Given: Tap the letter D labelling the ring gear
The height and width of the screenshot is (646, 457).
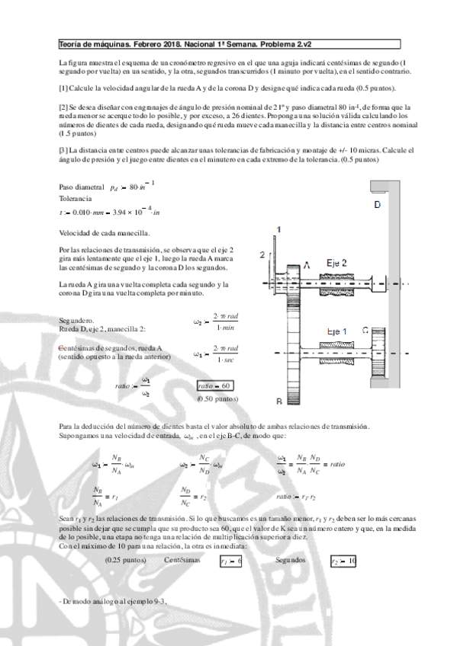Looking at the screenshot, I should tap(378, 206).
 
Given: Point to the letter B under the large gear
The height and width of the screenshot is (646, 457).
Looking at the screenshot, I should tap(279, 401).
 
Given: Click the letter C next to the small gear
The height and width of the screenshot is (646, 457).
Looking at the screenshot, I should tap(365, 331).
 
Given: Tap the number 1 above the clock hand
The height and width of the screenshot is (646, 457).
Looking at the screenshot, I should tap(279, 229).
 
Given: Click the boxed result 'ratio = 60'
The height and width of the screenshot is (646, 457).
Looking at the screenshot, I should tap(214, 385).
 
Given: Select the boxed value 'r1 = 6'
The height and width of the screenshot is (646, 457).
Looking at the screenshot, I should tap(228, 561).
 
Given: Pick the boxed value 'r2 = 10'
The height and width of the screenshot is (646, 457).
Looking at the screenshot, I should tap(343, 561).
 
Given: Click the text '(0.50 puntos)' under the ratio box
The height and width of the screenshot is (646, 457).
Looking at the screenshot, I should tap(217, 398).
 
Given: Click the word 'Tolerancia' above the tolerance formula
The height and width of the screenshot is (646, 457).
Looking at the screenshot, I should tap(74, 197).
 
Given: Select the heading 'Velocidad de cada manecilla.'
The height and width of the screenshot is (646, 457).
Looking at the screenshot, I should tap(104, 232).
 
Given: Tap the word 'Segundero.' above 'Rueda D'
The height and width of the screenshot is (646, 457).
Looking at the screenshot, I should tap(76, 321).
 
